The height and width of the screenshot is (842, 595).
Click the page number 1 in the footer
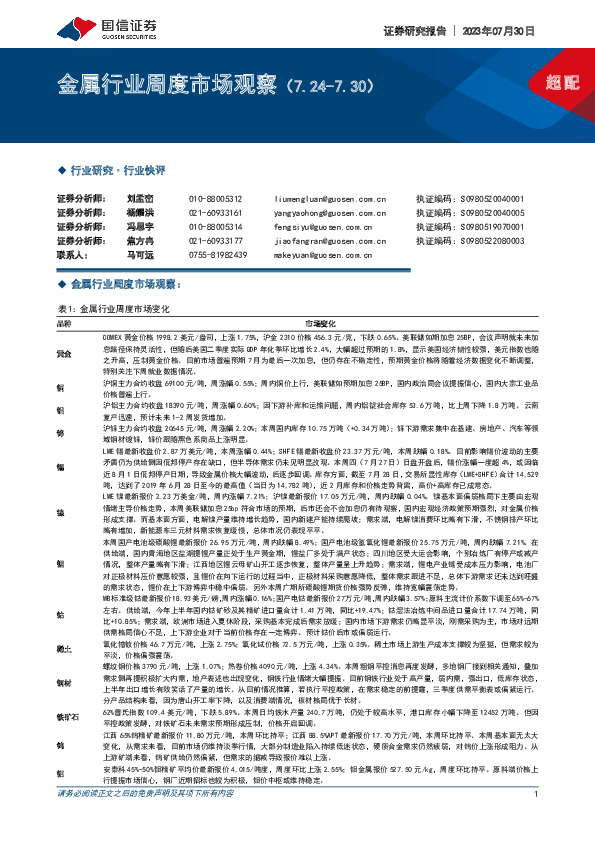[538, 822]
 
